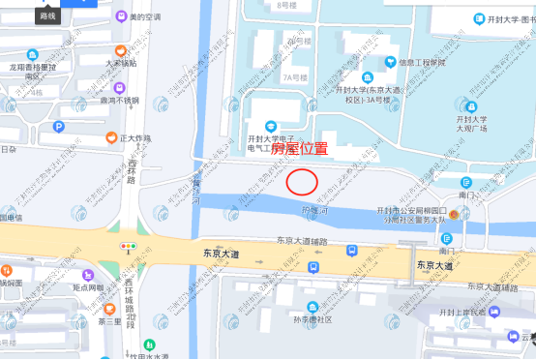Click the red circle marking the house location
[302, 181]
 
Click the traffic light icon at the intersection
[128, 247]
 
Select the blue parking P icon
[58, 127]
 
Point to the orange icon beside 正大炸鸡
[112, 138]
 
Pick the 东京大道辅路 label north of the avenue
[302, 240]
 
